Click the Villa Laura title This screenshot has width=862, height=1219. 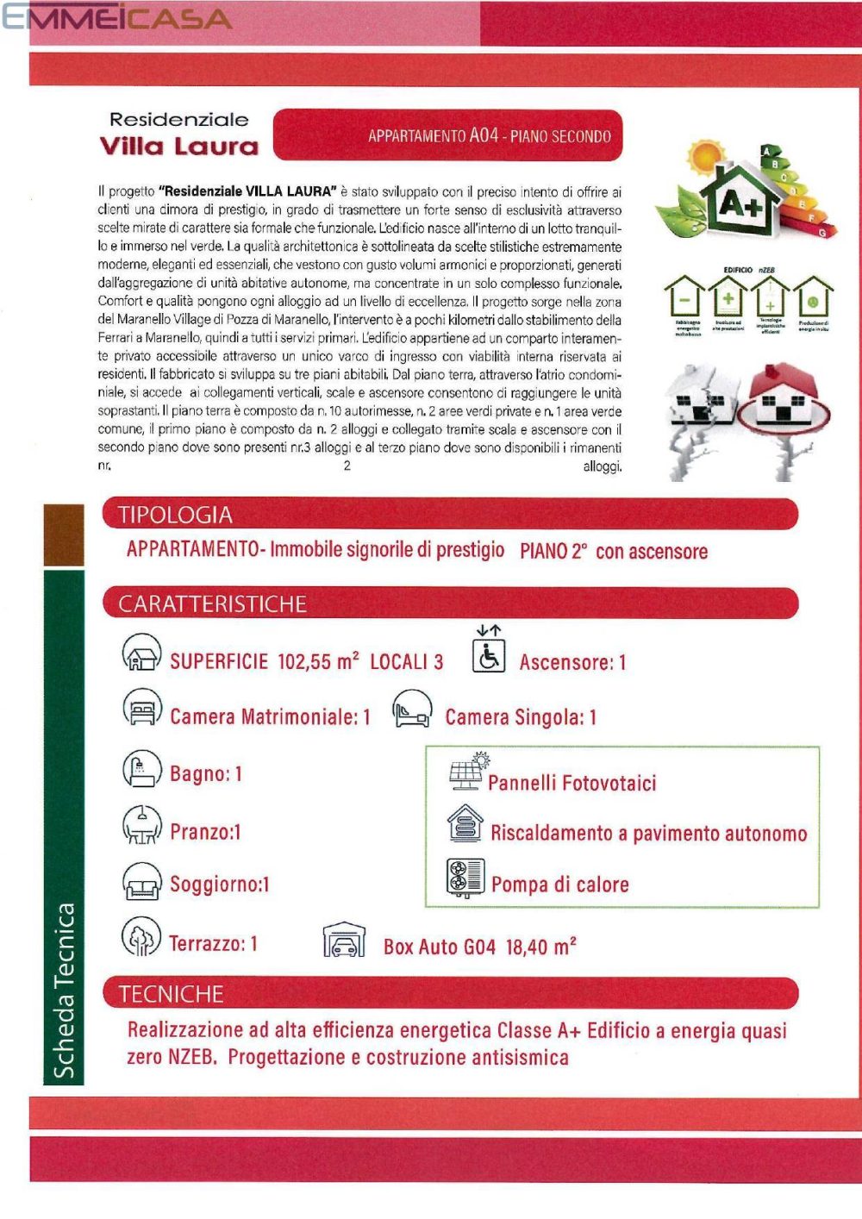click(179, 146)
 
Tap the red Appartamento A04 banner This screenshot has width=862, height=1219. click(448, 135)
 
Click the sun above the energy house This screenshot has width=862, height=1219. click(706, 157)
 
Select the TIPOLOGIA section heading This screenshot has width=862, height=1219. click(175, 515)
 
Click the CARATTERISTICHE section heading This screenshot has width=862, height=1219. click(212, 603)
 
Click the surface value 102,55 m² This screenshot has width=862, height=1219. click(318, 661)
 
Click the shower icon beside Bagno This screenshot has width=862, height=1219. click(142, 769)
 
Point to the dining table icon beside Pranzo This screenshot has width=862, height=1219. click(142, 826)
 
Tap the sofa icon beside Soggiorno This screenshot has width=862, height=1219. click(142, 882)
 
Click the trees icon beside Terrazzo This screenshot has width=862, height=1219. click(141, 938)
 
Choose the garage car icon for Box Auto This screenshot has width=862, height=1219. click(343, 941)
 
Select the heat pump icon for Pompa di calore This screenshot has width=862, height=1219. click(465, 878)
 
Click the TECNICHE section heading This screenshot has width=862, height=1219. click(171, 994)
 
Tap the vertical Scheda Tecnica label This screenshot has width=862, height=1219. click(65, 991)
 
